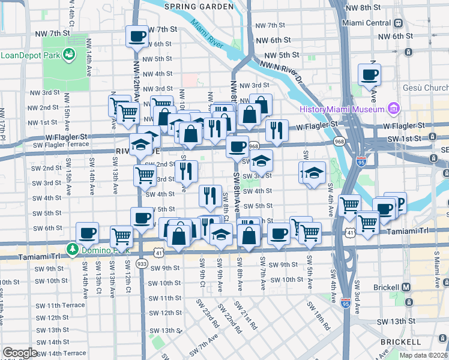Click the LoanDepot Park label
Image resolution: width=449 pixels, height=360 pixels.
(29, 54)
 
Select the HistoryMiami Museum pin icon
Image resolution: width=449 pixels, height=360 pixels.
(394, 109)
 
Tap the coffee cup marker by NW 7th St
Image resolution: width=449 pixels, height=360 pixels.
(137, 37)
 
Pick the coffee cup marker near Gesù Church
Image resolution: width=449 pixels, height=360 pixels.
(369, 75)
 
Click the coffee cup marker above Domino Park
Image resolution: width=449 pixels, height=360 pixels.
(87, 233)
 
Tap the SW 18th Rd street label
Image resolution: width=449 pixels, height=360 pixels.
(319, 316)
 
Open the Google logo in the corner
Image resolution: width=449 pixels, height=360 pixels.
(20, 353)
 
